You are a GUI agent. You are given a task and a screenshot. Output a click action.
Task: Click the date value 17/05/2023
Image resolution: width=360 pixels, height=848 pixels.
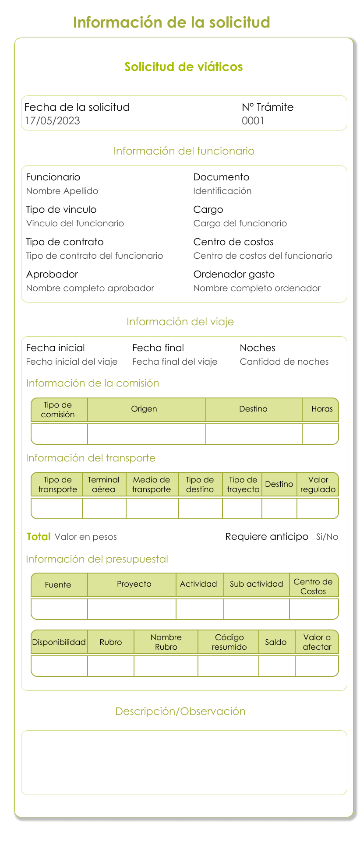pos(52,121)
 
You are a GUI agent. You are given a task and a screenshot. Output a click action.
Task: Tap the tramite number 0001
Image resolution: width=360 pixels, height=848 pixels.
pos(253,121)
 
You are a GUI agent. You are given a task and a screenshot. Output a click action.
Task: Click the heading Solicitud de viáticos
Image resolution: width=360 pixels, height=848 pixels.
pos(184,67)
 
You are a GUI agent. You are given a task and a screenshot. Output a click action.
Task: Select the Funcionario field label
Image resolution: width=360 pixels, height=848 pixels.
pos(53,177)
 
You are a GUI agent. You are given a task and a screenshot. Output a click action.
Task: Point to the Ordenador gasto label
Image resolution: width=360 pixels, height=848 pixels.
pos(234,274)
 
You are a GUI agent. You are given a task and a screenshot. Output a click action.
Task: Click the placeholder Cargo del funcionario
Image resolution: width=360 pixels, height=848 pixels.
pos(240,223)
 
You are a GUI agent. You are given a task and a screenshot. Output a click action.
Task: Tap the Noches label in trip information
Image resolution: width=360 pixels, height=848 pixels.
pos(258,348)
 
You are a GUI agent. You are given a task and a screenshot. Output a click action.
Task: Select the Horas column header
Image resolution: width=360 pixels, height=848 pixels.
pos(322,409)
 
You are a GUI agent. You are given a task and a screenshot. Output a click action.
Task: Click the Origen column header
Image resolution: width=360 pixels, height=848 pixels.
pos(144,409)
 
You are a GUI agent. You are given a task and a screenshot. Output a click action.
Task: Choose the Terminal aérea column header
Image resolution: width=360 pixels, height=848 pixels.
pos(103,484)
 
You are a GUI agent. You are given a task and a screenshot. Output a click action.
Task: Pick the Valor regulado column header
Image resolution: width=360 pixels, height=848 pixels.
pos(318,484)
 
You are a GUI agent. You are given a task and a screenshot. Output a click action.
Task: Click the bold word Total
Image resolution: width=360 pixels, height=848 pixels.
pos(39,537)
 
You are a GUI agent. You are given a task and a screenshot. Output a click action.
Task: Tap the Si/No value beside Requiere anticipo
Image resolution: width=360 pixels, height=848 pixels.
pos(327,537)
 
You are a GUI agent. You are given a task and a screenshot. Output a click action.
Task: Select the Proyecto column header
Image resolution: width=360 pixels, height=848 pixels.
pos(134,584)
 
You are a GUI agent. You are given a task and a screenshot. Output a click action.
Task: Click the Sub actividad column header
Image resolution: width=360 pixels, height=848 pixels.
pos(257,584)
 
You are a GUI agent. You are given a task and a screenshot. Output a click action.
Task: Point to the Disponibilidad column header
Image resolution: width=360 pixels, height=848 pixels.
pos(59,642)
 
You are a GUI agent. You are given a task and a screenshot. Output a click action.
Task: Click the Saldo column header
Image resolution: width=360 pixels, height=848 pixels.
pos(276,642)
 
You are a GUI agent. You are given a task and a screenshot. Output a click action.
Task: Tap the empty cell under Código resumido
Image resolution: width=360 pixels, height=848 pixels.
pos(228,666)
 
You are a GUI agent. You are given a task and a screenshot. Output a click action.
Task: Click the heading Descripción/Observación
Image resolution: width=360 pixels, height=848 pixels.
pos(180,711)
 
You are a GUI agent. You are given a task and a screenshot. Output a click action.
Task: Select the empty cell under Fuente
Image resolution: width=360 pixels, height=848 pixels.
pos(59,609)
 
